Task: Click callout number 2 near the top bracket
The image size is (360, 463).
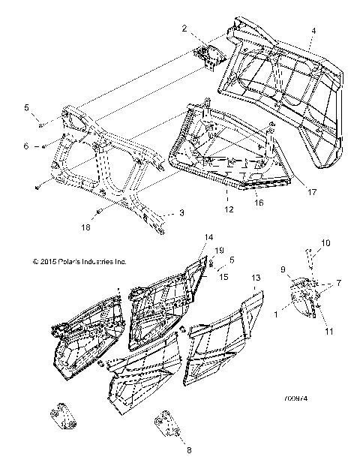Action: click(184, 28)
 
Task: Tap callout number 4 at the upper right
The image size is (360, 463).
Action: click(313, 31)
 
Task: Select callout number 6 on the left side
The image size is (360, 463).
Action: click(26, 146)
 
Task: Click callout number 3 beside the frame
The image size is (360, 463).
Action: click(181, 214)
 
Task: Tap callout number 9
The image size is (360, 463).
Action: click(283, 269)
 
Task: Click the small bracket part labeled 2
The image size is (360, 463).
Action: click(206, 53)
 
